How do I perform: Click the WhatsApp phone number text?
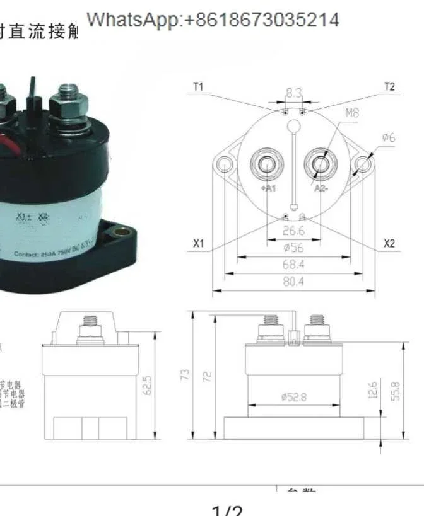[x=213, y=20]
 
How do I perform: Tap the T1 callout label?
[x=197, y=87]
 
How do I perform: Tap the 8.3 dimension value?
[x=293, y=93]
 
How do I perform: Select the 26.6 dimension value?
[x=293, y=231]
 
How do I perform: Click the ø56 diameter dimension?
[x=293, y=248]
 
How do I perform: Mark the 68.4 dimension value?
[x=293, y=265]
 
